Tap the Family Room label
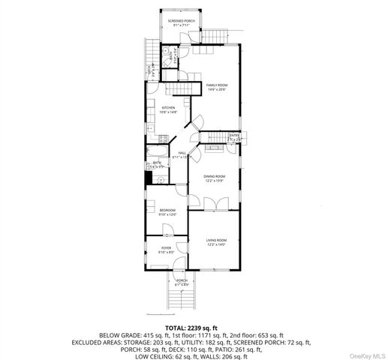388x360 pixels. (x=217, y=87)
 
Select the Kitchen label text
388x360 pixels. (x=169, y=109)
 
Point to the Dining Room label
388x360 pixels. (x=214, y=178)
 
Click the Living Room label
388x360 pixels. (x=216, y=241)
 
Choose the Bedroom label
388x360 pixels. (x=167, y=211)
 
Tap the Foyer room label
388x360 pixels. (x=166, y=250)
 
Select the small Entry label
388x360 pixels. (x=235, y=137)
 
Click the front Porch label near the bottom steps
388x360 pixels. (x=182, y=283)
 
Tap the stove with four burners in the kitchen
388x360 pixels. (x=163, y=138)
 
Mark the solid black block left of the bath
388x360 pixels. (x=149, y=178)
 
